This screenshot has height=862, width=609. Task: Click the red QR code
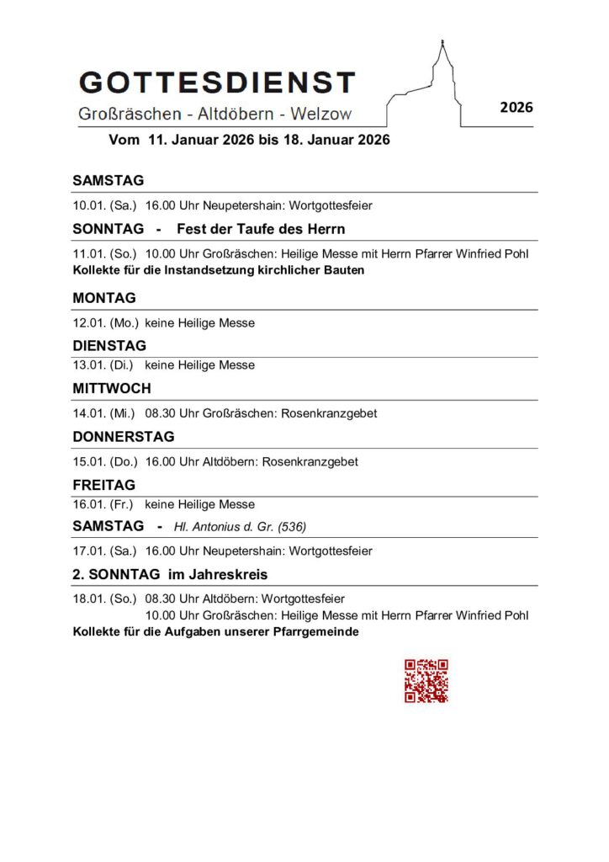pyautogui.click(x=426, y=680)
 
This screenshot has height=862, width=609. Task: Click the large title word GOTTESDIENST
pyautogui.click(x=217, y=82)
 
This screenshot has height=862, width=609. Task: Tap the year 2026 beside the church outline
pyautogui.click(x=516, y=108)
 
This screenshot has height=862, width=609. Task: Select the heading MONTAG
pyautogui.click(x=103, y=298)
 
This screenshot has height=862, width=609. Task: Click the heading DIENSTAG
pyautogui.click(x=109, y=346)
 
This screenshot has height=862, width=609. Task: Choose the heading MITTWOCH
pyautogui.click(x=112, y=389)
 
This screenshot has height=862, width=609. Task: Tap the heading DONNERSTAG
pyautogui.click(x=124, y=437)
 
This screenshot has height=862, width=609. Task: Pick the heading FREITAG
pyautogui.click(x=103, y=485)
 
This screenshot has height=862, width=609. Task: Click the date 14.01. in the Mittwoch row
pyautogui.click(x=89, y=413)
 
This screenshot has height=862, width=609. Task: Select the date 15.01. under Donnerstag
pyautogui.click(x=89, y=461)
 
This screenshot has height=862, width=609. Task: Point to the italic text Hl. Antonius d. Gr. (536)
pyautogui.click(x=240, y=527)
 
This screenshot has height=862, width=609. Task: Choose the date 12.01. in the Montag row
pyautogui.click(x=89, y=322)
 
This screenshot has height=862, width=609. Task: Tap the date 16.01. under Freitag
pyautogui.click(x=89, y=504)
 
